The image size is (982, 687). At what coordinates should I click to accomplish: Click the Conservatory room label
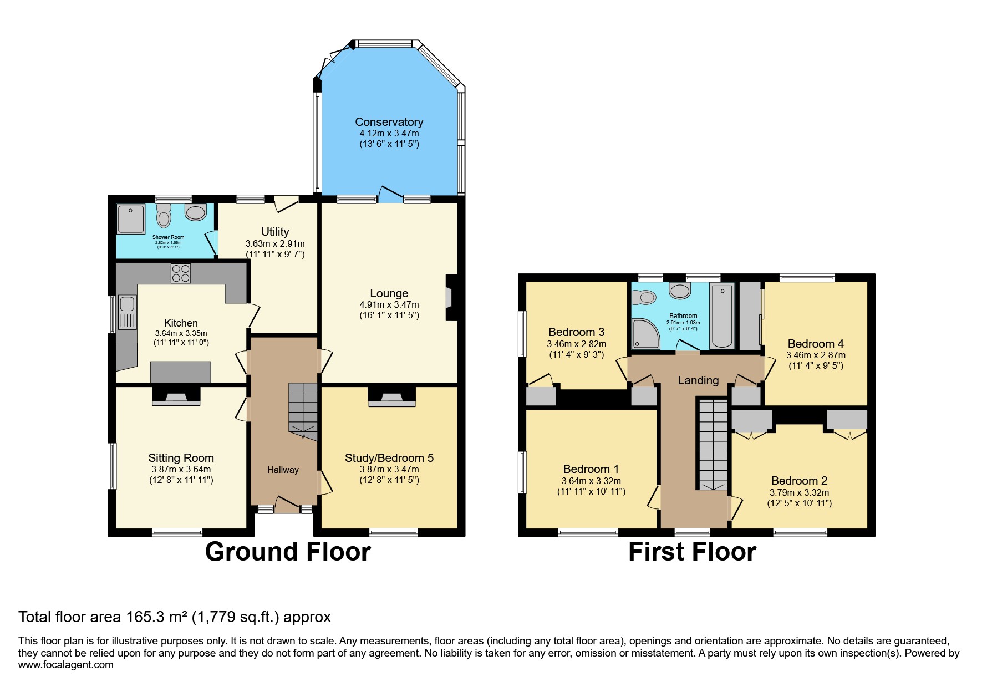(389, 122)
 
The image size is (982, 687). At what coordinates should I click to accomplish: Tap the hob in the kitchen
(181, 273)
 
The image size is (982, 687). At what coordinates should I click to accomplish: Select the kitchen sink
(126, 304)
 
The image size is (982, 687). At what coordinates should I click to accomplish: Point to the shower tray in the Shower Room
(130, 219)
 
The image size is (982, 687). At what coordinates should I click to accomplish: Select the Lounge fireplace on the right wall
(451, 298)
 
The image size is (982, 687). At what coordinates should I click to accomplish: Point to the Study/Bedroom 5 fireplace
(392, 397)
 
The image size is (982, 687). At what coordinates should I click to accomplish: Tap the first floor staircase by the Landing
(713, 444)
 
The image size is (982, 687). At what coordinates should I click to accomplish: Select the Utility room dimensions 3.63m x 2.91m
(275, 243)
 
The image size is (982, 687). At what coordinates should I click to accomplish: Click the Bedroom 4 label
(816, 344)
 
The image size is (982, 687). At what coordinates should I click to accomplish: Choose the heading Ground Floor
(288, 552)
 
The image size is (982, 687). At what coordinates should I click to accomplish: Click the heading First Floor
(692, 552)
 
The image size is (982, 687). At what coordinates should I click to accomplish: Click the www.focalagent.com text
(66, 665)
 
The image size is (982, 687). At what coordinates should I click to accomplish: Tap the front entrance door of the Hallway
(286, 505)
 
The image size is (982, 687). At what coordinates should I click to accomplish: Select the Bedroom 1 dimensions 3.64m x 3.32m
(591, 481)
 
